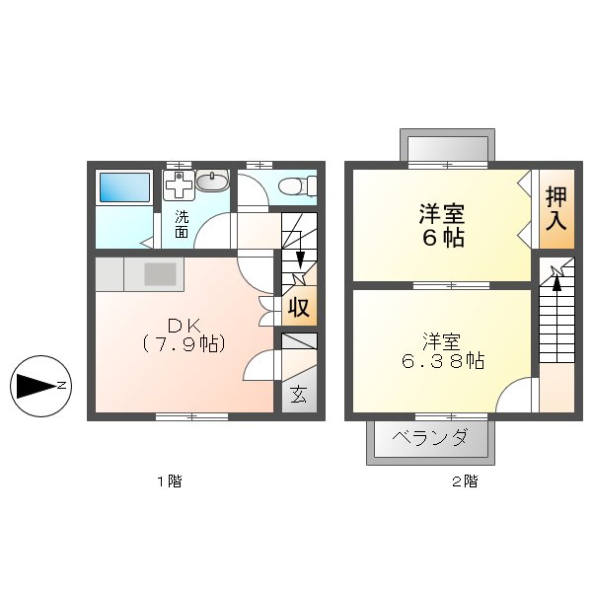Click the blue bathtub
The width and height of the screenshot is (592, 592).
click(x=123, y=186)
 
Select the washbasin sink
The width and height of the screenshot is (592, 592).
click(x=213, y=180)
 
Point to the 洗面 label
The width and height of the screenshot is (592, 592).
click(x=182, y=224)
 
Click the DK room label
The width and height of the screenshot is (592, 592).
click(x=185, y=325)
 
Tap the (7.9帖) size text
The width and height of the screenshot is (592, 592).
click(x=185, y=344)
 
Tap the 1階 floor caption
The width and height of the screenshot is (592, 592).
click(x=169, y=481)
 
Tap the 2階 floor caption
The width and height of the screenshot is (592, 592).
click(x=465, y=481)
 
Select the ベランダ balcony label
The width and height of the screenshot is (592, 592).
click(x=429, y=437)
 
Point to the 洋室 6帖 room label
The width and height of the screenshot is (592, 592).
click(x=442, y=225)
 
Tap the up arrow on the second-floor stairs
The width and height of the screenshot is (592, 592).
click(x=556, y=282)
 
